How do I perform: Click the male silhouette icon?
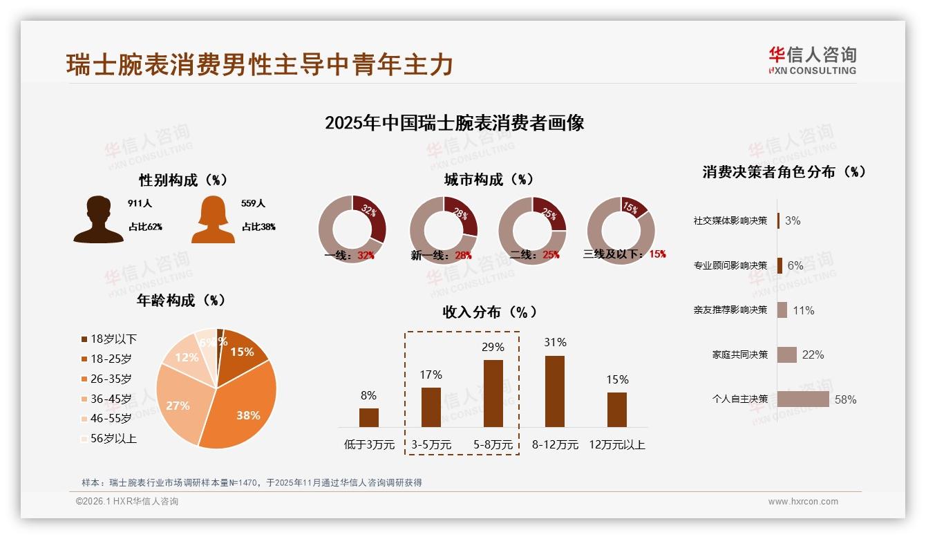click(99, 220)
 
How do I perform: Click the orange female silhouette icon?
click(213, 220)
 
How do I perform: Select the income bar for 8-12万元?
click(555, 391)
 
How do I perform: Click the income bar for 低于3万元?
click(369, 417)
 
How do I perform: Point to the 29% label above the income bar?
click(493, 347)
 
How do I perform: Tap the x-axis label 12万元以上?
click(617, 445)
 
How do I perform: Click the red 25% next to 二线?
click(551, 255)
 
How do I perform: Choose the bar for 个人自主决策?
click(803, 399)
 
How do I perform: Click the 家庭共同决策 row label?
click(739, 354)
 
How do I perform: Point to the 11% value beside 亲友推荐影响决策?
click(804, 310)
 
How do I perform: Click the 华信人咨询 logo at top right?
click(812, 61)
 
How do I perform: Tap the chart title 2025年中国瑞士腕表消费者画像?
click(454, 123)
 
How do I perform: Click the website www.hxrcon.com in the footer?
click(803, 502)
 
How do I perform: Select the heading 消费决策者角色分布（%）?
click(784, 172)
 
